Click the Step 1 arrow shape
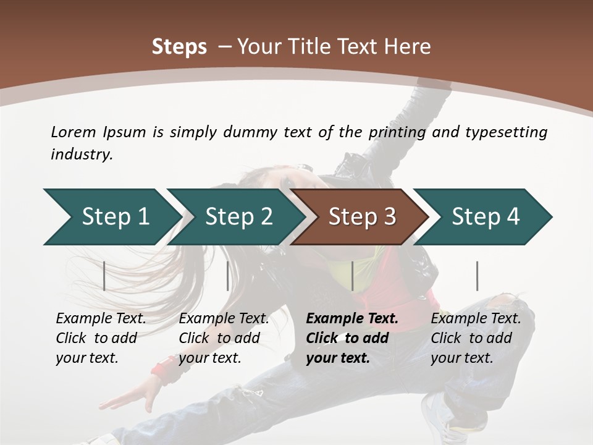pyautogui.click(x=114, y=217)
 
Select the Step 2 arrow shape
pyautogui.click(x=238, y=217)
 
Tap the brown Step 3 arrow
pyautogui.click(x=361, y=217)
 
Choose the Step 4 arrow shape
pyautogui.click(x=485, y=217)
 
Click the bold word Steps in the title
pyautogui.click(x=179, y=47)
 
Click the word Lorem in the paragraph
pyautogui.click(x=73, y=132)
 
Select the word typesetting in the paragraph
pyautogui.click(x=506, y=132)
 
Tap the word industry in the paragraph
pyautogui.click(x=81, y=155)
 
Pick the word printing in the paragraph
pyautogui.click(x=398, y=132)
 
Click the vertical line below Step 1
pyautogui.click(x=104, y=276)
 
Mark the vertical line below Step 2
pyautogui.click(x=228, y=276)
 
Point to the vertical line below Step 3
pyautogui.click(x=352, y=276)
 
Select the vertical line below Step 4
pyautogui.click(x=477, y=276)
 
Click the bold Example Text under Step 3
pyautogui.click(x=352, y=319)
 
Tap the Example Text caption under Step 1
pyautogui.click(x=101, y=319)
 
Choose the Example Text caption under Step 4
pyautogui.click(x=476, y=319)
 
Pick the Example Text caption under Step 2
pyautogui.click(x=224, y=319)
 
